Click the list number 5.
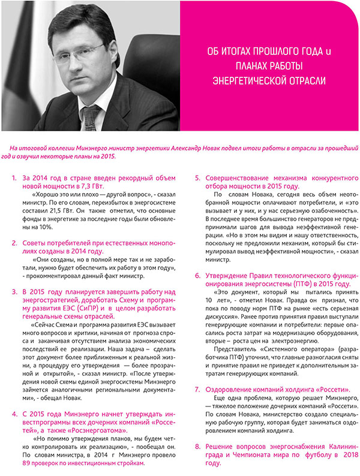pos(197,179)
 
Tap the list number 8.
pos(197,447)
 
